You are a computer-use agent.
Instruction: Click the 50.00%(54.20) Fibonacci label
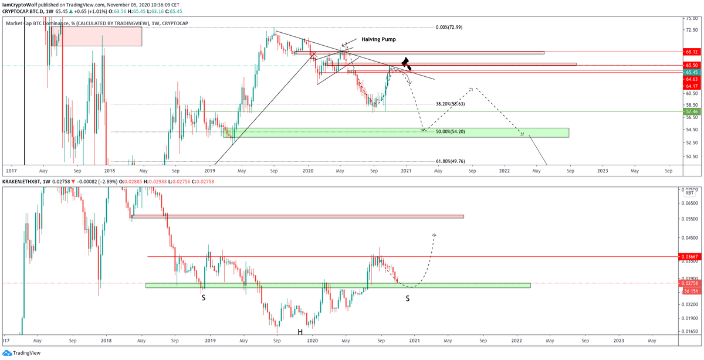(450, 132)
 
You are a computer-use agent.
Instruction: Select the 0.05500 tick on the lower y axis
(690, 219)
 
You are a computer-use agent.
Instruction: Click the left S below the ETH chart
(204, 298)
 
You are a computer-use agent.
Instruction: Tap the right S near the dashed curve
(408, 298)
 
